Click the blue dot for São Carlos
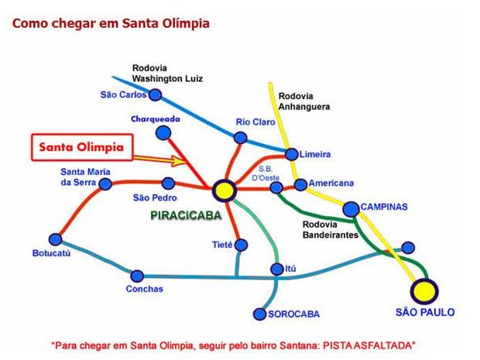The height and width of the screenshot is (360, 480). click(x=155, y=95)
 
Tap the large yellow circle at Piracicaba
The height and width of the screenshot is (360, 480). click(x=225, y=190)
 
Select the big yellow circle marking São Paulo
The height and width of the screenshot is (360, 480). click(x=424, y=291)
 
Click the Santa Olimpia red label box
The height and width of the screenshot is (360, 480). click(x=83, y=147)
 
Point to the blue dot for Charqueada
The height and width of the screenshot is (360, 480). click(x=163, y=133)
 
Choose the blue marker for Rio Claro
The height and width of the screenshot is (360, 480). click(x=240, y=138)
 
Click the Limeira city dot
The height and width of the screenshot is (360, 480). click(x=291, y=154)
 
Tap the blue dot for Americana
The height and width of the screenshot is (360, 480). click(x=300, y=184)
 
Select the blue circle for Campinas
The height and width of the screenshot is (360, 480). click(x=350, y=208)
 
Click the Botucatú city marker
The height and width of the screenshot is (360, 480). click(x=55, y=239)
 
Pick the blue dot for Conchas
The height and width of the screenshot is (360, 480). click(x=137, y=276)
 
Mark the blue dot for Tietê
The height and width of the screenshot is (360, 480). click(x=241, y=245)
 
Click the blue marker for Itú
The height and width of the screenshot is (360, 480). click(x=276, y=269)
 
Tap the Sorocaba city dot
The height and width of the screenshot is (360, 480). click(x=260, y=314)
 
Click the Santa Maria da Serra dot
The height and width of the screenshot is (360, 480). click(x=106, y=183)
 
